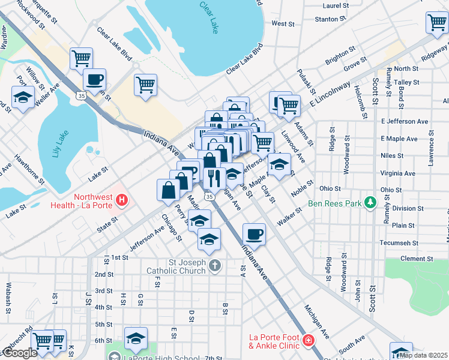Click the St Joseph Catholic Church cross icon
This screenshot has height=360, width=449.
(215, 264)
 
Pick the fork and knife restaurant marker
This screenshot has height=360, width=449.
(214, 178)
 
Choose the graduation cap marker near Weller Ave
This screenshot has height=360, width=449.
(23, 98)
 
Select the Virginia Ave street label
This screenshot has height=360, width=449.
(398, 173)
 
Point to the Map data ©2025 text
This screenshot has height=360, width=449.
(423, 355)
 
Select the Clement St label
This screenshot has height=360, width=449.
(413, 259)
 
